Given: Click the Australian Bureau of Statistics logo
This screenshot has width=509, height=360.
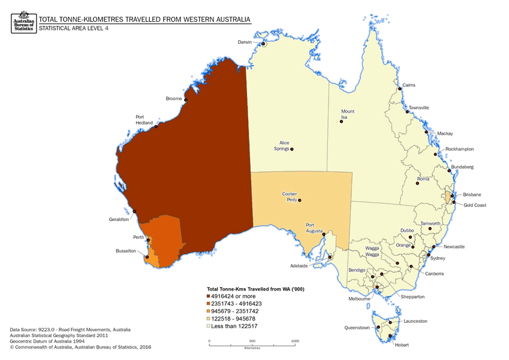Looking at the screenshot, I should click(x=23, y=23).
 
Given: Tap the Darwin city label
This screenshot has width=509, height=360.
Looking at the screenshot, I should click(x=245, y=43).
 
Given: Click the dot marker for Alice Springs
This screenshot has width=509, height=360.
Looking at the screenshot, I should click(x=292, y=149).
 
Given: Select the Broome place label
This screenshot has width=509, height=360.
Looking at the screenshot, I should click(x=174, y=98).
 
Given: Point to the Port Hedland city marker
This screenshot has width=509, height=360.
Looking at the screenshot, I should click(x=156, y=126).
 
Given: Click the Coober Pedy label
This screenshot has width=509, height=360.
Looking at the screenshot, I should click(x=290, y=197).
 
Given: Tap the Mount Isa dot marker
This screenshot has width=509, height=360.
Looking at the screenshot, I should click(x=341, y=121).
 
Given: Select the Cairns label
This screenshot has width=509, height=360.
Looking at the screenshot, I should click(x=409, y=86).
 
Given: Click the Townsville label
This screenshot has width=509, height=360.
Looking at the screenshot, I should click(x=419, y=108).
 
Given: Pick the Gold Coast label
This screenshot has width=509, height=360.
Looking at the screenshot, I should click(x=475, y=205).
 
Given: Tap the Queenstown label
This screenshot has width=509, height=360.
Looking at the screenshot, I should click(x=356, y=328).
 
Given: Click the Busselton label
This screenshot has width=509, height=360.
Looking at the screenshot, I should click(x=127, y=251).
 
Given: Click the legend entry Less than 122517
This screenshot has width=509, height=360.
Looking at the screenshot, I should click(x=234, y=326).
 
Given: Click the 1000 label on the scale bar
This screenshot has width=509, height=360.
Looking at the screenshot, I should click(x=294, y=341).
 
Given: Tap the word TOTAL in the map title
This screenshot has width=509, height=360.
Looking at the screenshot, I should click(x=50, y=19).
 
